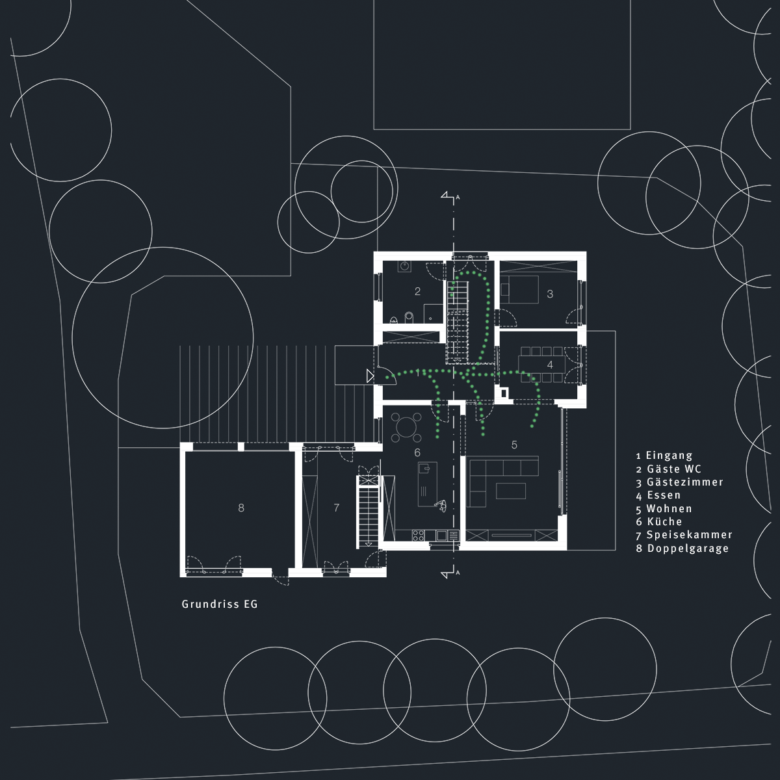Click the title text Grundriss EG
coord(220,604)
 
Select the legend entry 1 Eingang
coord(664,456)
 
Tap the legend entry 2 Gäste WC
coord(669,469)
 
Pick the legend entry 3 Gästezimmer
coord(680,482)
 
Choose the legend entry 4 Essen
coord(658,495)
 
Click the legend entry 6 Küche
coord(659,521)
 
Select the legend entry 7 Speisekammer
coord(684,535)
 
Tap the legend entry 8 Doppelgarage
coord(682,549)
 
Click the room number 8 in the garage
coord(241,508)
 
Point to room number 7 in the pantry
coord(336,508)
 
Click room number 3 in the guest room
coord(550,294)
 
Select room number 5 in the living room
coord(514,445)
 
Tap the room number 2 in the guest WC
coord(417,291)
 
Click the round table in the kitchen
coord(406,426)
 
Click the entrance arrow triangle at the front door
coord(370,376)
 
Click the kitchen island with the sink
coord(428,484)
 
